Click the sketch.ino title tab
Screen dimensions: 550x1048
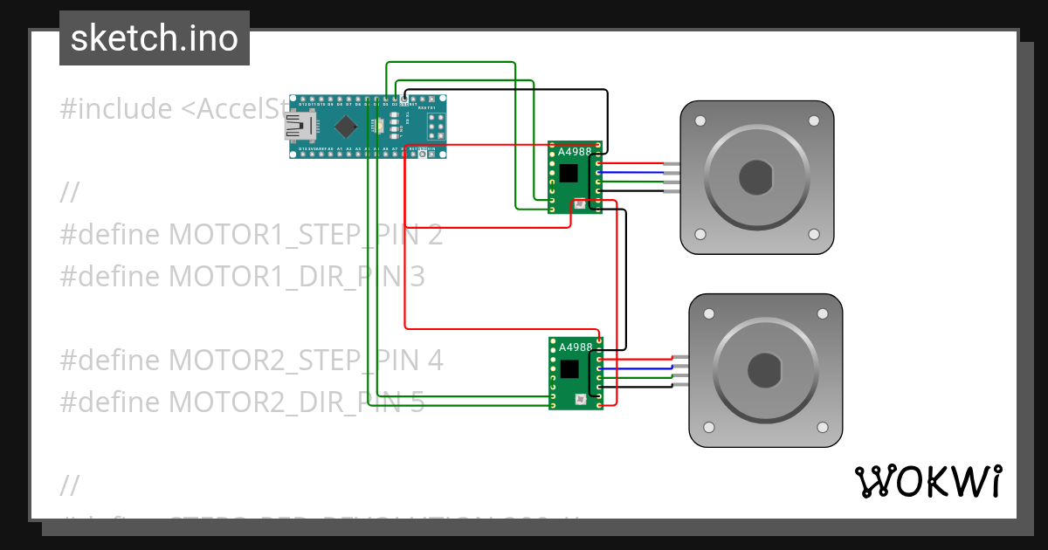tap(155, 38)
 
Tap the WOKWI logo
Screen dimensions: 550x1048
tap(927, 481)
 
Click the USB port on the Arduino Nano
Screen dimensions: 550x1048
tap(299, 128)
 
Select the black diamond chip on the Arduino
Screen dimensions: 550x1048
tap(346, 127)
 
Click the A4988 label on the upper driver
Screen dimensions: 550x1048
tap(574, 152)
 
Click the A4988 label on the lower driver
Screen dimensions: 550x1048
tap(575, 347)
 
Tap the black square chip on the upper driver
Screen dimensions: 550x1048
tap(569, 173)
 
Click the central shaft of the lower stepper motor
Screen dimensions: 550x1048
tap(765, 370)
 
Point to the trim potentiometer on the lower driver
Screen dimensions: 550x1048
tap(580, 400)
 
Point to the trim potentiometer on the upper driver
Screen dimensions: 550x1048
tap(580, 204)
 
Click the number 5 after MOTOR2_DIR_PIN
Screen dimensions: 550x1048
tap(417, 402)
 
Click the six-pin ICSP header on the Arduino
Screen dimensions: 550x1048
tap(436, 127)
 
